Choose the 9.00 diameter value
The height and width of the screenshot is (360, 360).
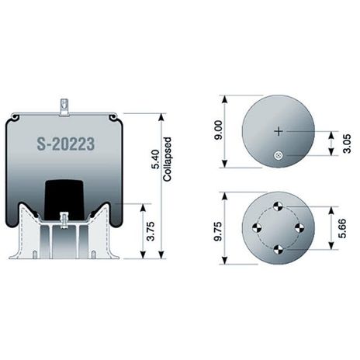[x=218, y=133]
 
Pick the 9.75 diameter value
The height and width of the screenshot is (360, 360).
[x=218, y=227]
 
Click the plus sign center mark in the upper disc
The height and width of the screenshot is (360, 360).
[x=279, y=131]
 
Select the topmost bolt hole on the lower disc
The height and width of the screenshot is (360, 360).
[x=279, y=206]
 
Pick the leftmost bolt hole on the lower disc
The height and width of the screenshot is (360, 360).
[x=257, y=227]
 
